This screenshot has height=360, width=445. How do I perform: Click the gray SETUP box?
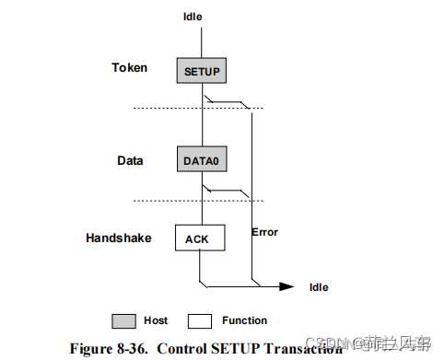coord(202,70)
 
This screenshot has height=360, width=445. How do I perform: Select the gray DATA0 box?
coord(202,159)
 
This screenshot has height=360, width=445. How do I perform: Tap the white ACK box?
coord(198,238)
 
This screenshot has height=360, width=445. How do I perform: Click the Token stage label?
coord(130,67)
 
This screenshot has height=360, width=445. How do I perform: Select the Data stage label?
coord(130,160)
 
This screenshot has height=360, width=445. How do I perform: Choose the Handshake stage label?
coord(119,238)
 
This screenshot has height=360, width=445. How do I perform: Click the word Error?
coord(264,232)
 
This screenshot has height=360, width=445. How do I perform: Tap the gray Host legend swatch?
coord(126,320)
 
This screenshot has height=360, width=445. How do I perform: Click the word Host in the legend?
coord(156,320)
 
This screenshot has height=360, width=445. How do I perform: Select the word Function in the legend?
coord(244,320)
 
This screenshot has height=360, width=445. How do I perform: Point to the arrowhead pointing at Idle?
coord(288,285)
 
